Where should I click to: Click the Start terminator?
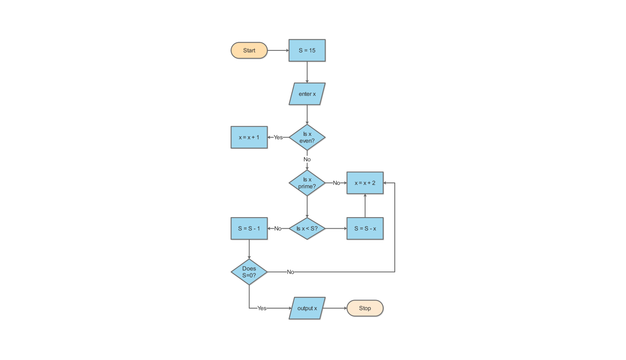pyautogui.click(x=249, y=50)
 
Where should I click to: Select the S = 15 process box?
pyautogui.click(x=307, y=50)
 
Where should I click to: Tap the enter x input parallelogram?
pyautogui.click(x=307, y=94)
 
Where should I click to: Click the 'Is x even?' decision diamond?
pyautogui.click(x=307, y=137)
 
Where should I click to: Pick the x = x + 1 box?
pyautogui.click(x=249, y=137)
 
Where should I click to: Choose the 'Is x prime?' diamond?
pyautogui.click(x=307, y=183)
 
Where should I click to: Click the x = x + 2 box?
pyautogui.click(x=365, y=183)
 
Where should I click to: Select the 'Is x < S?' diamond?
pyautogui.click(x=307, y=229)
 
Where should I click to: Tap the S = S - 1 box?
pyautogui.click(x=249, y=229)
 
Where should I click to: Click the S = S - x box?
pyautogui.click(x=365, y=229)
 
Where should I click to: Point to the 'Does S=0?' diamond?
pyautogui.click(x=249, y=272)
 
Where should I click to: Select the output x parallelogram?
pyautogui.click(x=307, y=308)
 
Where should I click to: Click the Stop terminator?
pyautogui.click(x=365, y=308)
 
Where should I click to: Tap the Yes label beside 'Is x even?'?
pyautogui.click(x=278, y=137)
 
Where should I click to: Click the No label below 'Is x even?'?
pyautogui.click(x=307, y=159)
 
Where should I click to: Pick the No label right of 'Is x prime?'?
pyautogui.click(x=337, y=183)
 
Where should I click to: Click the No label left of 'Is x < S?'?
pyautogui.click(x=278, y=229)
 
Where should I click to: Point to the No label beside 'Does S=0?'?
pyautogui.click(x=290, y=272)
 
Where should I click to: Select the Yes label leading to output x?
pyautogui.click(x=262, y=308)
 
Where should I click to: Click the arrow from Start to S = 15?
pyautogui.click(x=278, y=50)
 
